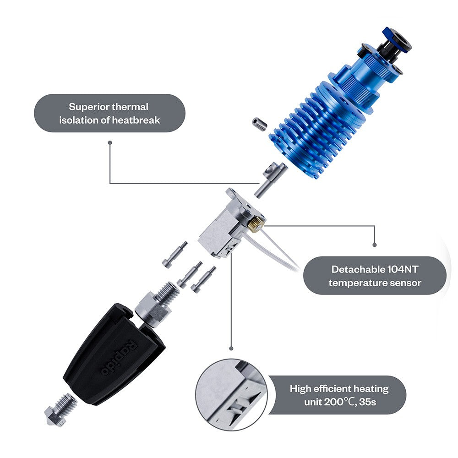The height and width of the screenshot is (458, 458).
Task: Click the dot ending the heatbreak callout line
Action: pyautogui.click(x=110, y=142)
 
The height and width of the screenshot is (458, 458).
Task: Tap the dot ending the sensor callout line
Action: pyautogui.click(x=375, y=245)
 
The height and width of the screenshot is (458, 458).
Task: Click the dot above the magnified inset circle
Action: pyautogui.click(x=231, y=349)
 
